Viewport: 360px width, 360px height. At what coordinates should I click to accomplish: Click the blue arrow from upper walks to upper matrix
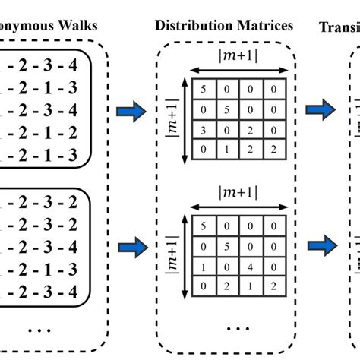click(x=129, y=112)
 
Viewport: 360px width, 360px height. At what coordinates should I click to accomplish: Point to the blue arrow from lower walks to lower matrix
click(x=129, y=246)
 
